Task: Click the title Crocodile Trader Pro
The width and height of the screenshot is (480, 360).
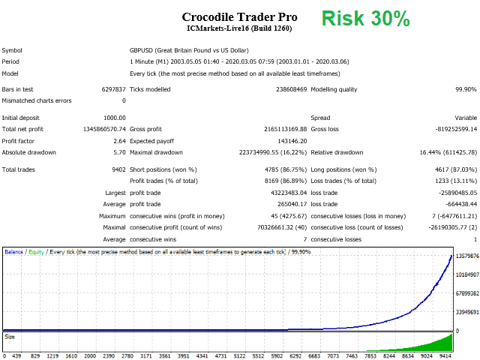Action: (240, 16)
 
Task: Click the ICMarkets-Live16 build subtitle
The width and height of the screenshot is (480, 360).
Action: (240, 28)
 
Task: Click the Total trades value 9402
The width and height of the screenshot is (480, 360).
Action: (118, 169)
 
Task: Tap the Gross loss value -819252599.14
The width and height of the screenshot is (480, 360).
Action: (452, 129)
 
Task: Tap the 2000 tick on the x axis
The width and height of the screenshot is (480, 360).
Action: (90, 355)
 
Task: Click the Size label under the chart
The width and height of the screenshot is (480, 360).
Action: (10, 337)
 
